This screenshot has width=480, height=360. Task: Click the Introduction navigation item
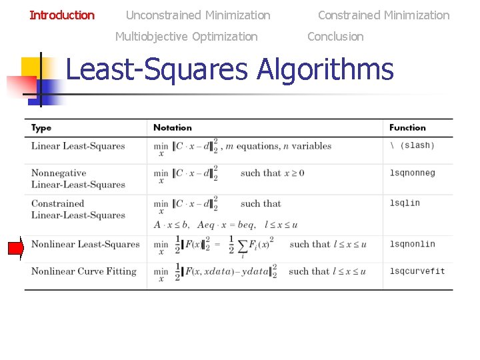[x=62, y=15]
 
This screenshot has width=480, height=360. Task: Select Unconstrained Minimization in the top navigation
[x=198, y=15]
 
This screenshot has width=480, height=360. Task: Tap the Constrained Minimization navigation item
[x=383, y=15]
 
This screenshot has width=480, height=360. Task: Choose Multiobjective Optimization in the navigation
[x=186, y=36]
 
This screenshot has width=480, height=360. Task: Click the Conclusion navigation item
[x=335, y=36]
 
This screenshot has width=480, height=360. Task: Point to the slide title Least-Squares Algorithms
[x=229, y=69]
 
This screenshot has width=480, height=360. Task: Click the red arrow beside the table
[x=15, y=248]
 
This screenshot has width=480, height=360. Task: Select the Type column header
[x=41, y=127]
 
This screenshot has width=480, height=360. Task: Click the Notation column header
[x=172, y=127]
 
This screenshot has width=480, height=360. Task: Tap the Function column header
[x=407, y=127]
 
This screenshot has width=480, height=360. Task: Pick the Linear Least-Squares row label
[x=78, y=146]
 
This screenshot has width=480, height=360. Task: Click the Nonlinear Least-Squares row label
[x=85, y=244]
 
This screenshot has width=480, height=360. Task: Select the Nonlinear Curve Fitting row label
[x=83, y=271]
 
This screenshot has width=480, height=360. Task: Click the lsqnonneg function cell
[x=412, y=173]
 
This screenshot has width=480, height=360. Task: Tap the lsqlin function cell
[x=405, y=203]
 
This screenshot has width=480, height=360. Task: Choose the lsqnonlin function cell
[x=412, y=244]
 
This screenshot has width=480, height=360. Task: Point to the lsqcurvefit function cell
[x=417, y=271]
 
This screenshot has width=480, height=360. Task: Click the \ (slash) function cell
[x=411, y=145]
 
